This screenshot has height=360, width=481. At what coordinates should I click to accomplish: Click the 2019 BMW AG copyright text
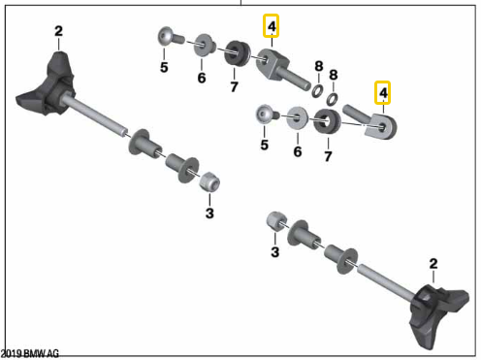(30, 354)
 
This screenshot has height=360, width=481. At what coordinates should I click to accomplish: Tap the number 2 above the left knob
(58, 32)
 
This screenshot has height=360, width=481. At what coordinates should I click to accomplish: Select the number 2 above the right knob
(433, 263)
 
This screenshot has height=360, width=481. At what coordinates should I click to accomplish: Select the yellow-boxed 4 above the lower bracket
(383, 93)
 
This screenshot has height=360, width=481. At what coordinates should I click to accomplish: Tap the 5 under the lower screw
(264, 146)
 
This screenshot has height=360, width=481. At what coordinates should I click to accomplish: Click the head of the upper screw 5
(167, 38)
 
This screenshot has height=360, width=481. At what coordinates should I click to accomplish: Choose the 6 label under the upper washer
(202, 77)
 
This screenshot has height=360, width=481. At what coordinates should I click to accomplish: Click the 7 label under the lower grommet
(328, 155)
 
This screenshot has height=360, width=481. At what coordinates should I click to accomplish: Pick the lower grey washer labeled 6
(298, 119)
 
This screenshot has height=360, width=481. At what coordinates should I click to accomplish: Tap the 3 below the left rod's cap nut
(208, 213)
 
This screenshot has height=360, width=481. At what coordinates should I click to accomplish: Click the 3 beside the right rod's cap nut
(274, 252)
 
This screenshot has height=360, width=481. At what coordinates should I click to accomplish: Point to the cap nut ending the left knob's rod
(208, 181)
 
